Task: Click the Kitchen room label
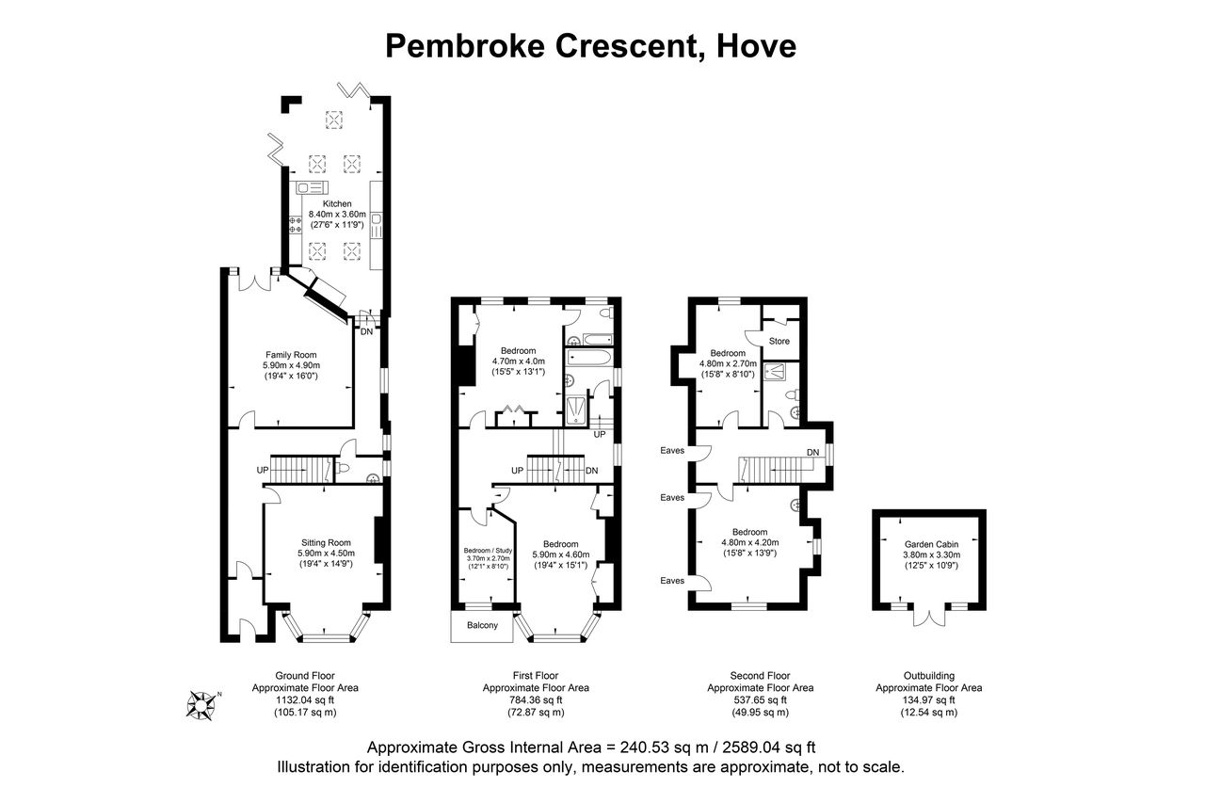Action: tap(337, 204)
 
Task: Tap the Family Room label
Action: tap(291, 355)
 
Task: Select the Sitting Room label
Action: tap(326, 542)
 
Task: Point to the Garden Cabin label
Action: tap(931, 544)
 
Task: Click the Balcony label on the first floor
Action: tap(482, 625)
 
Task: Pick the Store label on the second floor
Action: tap(779, 341)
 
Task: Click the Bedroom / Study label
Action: tap(488, 551)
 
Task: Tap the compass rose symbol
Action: tap(201, 704)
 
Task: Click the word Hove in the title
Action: tap(756, 46)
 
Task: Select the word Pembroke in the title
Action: tap(465, 46)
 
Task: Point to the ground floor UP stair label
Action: tap(263, 470)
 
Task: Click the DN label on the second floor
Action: tap(812, 452)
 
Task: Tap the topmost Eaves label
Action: tap(672, 450)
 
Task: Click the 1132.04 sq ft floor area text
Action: tap(305, 699)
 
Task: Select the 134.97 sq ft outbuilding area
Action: tap(928, 699)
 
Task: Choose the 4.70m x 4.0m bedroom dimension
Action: tap(519, 361)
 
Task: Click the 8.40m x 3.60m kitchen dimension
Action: tap(337, 214)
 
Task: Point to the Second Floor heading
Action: tap(760, 676)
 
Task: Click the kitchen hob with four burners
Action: tap(296, 224)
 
